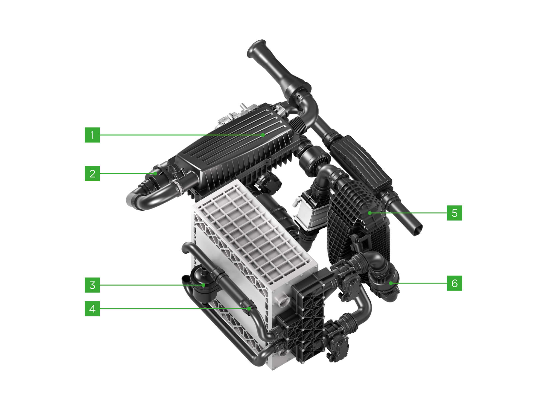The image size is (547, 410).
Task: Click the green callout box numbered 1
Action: point(92,135)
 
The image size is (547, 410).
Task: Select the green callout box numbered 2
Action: point(92,173)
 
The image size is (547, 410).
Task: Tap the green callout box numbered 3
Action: point(92,285)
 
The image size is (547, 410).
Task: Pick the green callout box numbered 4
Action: point(92,309)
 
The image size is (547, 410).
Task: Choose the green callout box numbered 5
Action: point(454,213)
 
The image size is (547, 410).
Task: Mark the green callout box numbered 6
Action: point(454,283)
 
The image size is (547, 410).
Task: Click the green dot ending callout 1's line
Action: point(263,135)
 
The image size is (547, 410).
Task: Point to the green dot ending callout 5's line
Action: point(369,213)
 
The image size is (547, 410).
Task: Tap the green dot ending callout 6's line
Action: point(391,283)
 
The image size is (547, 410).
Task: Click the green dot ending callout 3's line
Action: point(203,285)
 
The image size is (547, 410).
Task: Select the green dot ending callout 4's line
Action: point(249,309)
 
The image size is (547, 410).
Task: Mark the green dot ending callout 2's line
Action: point(155,173)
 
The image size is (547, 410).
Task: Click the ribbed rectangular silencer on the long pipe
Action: point(361,164)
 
